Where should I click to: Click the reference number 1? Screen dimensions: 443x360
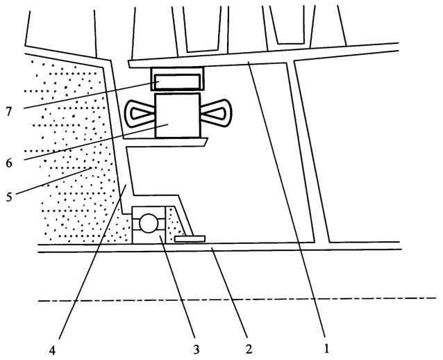tap(326, 349)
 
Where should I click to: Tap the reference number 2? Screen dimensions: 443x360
tap(249, 349)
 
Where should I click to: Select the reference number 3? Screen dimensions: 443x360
tap(196, 350)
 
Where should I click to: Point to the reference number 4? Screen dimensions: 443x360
tap(52, 350)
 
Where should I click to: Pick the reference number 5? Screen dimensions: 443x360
tap(9, 197)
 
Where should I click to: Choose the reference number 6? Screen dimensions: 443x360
tap(9, 163)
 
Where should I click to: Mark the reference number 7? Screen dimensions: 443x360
tap(9, 112)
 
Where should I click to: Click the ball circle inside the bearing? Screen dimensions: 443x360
tap(149, 223)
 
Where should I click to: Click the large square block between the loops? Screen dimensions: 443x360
tap(178, 115)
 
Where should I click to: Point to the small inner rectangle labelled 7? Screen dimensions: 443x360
tap(176, 81)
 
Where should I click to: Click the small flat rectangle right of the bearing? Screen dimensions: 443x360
tap(190, 239)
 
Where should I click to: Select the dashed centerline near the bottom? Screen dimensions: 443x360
tap(237, 300)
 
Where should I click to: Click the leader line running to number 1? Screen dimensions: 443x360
tap(287, 199)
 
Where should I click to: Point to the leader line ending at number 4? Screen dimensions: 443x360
tap(92, 261)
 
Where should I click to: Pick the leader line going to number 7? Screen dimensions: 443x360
tap(91, 95)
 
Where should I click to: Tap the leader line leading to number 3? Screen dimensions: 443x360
tap(178, 286)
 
